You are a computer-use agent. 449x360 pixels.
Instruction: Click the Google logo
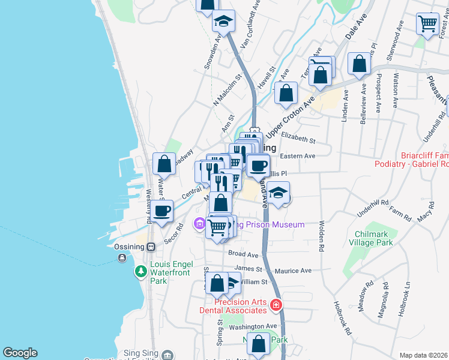(20, 353)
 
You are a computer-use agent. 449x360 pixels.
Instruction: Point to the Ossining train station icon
(151, 247)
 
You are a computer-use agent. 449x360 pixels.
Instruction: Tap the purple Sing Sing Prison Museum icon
(199, 225)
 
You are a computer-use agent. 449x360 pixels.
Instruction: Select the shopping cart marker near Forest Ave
(427, 24)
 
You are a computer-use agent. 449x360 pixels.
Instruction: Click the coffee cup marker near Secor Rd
(162, 211)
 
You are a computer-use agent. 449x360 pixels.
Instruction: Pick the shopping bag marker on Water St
(164, 164)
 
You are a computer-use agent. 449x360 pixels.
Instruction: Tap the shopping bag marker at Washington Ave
(259, 344)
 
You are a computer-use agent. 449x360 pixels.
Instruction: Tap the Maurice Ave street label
(294, 271)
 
